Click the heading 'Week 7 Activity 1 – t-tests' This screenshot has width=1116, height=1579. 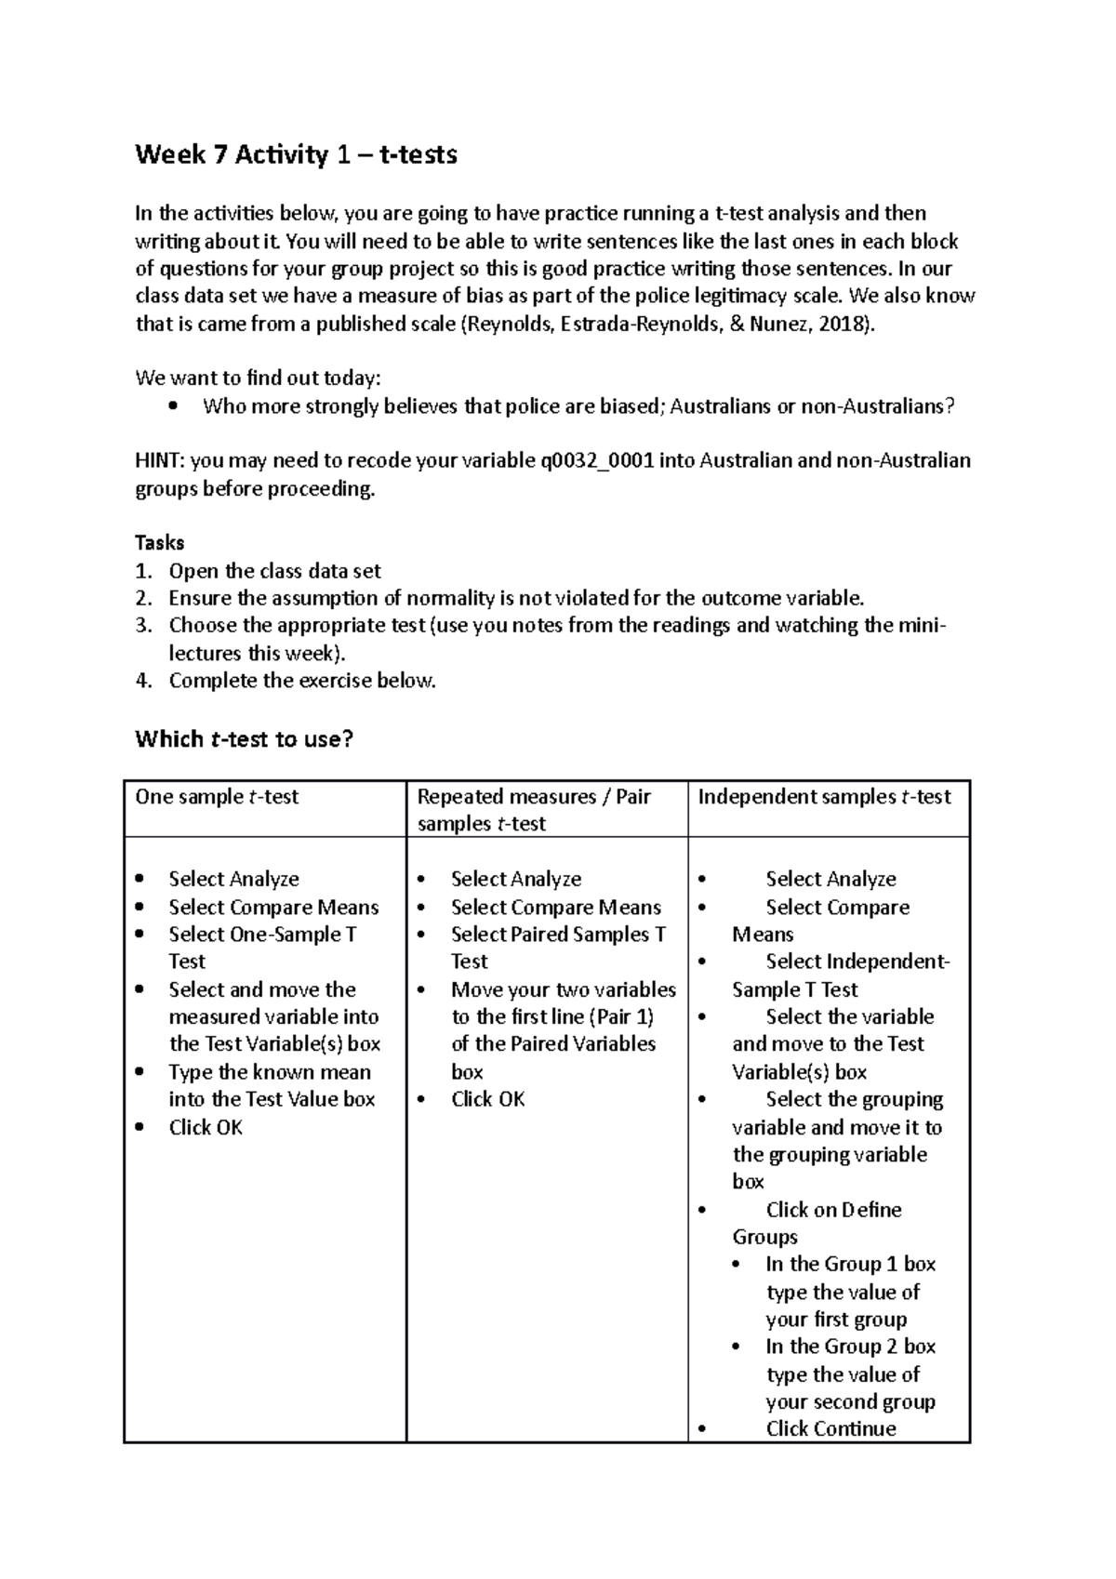(x=296, y=154)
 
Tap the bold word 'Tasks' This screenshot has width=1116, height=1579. (x=160, y=543)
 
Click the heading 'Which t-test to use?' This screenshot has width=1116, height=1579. (x=245, y=740)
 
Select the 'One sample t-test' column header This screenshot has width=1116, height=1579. (x=217, y=797)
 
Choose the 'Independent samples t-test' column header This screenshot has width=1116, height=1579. (x=824, y=797)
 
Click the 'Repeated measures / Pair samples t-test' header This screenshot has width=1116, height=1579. (x=534, y=810)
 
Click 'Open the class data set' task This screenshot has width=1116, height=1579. (x=274, y=572)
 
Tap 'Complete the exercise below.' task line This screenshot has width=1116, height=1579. (x=302, y=681)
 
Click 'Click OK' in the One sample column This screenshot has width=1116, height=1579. (x=206, y=1128)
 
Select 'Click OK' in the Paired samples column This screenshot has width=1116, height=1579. (x=487, y=1100)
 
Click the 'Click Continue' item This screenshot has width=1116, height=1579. (x=830, y=1429)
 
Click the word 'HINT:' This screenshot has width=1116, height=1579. (x=160, y=461)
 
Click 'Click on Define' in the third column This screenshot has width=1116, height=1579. (x=833, y=1210)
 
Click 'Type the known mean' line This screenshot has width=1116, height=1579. (x=270, y=1072)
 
